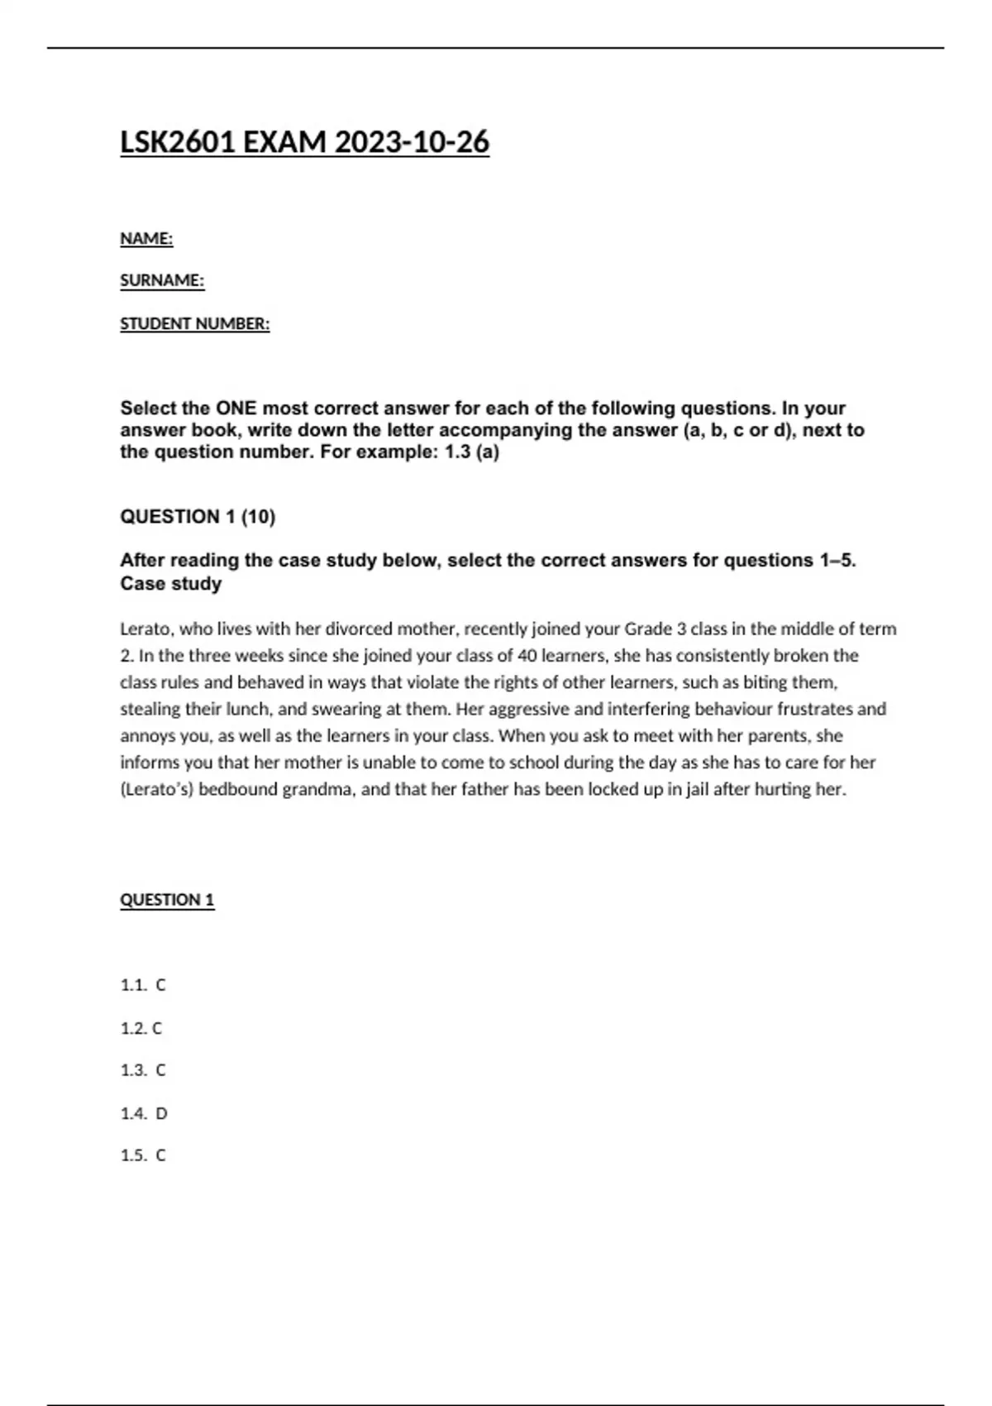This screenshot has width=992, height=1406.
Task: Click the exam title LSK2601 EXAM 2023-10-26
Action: [x=304, y=142]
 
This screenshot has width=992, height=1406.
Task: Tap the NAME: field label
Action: [x=146, y=239]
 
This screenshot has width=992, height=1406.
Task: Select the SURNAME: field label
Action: [x=162, y=281]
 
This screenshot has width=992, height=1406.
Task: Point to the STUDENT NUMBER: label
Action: [x=194, y=324]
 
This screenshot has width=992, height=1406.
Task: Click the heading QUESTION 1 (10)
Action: [x=198, y=517]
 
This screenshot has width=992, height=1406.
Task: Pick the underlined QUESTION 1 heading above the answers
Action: [x=167, y=900]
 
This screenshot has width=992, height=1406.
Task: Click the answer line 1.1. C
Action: [x=143, y=985]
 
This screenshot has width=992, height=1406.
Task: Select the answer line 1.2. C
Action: [x=141, y=1028]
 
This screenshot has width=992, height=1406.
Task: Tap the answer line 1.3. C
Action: [x=143, y=1070]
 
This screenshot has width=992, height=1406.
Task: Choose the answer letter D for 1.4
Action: [x=161, y=1113]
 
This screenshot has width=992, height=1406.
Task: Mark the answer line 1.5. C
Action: [x=143, y=1155]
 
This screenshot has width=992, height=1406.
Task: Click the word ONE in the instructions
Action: [x=236, y=409]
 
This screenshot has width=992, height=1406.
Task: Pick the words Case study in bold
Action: [x=171, y=584]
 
